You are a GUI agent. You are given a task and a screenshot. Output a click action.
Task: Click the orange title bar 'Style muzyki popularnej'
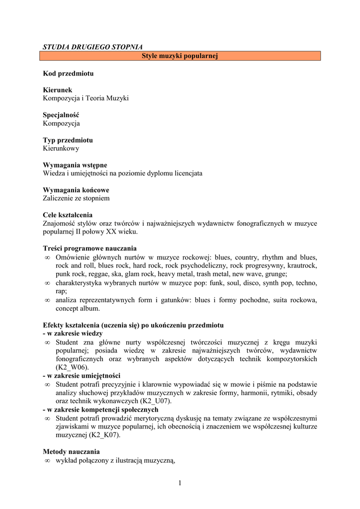180,56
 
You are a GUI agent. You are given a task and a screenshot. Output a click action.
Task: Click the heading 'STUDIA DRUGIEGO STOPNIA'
93,47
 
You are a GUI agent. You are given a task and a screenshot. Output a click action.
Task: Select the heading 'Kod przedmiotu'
68,74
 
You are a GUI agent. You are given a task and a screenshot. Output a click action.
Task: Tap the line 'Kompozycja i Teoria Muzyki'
86,98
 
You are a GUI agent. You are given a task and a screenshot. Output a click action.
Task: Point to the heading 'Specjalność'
61,115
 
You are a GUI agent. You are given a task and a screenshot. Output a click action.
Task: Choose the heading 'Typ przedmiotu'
68,140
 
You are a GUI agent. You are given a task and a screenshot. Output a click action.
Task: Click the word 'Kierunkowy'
61,148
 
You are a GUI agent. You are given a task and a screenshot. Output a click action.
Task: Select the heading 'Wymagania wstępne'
75,165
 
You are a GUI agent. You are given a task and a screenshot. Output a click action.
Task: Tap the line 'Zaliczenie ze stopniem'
76,198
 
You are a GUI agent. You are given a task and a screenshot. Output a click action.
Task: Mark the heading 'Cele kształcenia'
68,215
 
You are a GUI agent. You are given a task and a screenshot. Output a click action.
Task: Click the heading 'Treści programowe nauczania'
90,249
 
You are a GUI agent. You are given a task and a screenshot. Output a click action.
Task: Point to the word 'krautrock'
302,265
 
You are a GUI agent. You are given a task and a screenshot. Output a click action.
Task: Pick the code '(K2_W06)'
72,367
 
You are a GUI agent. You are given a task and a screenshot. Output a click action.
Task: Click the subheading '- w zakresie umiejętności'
82,376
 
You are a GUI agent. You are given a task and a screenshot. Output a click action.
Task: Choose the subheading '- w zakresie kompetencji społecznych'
100,410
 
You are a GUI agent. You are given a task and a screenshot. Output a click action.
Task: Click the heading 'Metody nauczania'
71,452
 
